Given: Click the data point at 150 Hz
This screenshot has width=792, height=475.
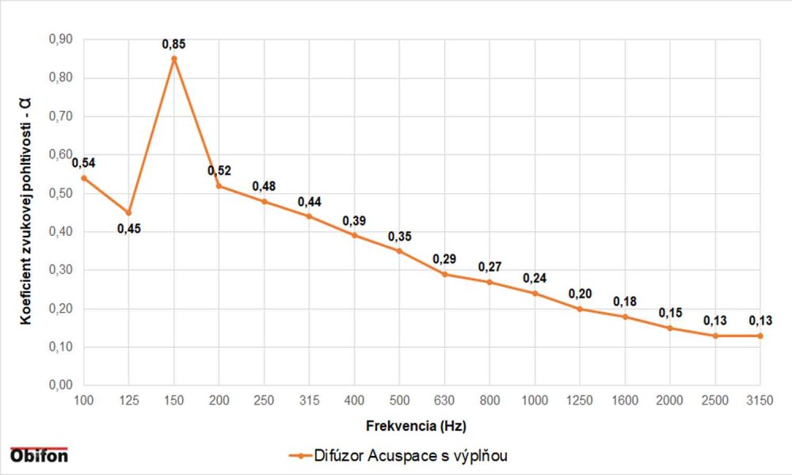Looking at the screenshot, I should [173, 59].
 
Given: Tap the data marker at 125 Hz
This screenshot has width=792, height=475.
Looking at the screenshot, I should [128, 213].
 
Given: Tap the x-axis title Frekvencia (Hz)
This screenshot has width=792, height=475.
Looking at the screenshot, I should [421, 425].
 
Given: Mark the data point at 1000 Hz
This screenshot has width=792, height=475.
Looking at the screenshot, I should [535, 293].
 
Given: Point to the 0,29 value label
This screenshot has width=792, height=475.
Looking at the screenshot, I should [444, 260].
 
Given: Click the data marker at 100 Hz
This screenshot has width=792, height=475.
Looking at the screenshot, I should [83, 177].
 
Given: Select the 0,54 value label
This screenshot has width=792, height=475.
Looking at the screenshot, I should [83, 163].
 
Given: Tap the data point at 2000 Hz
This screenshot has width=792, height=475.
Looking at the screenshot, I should [670, 328].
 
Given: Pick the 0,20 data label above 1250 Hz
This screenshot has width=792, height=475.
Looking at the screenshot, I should [580, 294].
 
